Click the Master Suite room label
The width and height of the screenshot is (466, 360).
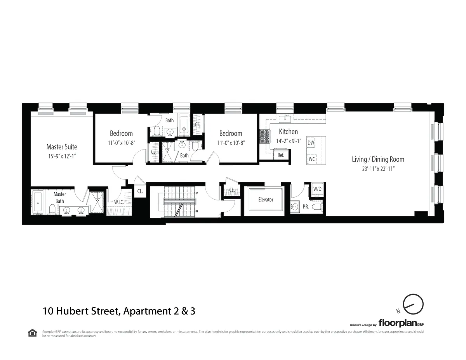(x=62, y=147)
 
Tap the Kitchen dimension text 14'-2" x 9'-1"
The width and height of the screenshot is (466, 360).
(x=288, y=141)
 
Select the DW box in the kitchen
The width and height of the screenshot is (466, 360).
(x=311, y=143)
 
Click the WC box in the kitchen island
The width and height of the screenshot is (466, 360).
(x=311, y=159)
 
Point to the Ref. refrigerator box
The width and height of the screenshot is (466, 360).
(x=281, y=155)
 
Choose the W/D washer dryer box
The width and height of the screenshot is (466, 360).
(x=317, y=189)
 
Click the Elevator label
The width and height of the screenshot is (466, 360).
(x=266, y=200)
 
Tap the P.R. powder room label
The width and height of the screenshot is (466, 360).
(x=306, y=207)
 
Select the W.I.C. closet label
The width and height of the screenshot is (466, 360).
(x=119, y=202)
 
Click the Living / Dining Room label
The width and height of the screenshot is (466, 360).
(x=378, y=159)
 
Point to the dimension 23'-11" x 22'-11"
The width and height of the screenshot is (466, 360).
(x=378, y=169)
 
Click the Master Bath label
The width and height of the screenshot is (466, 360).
(x=59, y=197)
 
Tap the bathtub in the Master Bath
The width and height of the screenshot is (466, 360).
(x=38, y=202)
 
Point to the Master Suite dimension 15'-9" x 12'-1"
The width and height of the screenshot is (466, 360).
(x=62, y=156)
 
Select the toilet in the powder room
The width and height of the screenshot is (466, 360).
(x=316, y=207)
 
